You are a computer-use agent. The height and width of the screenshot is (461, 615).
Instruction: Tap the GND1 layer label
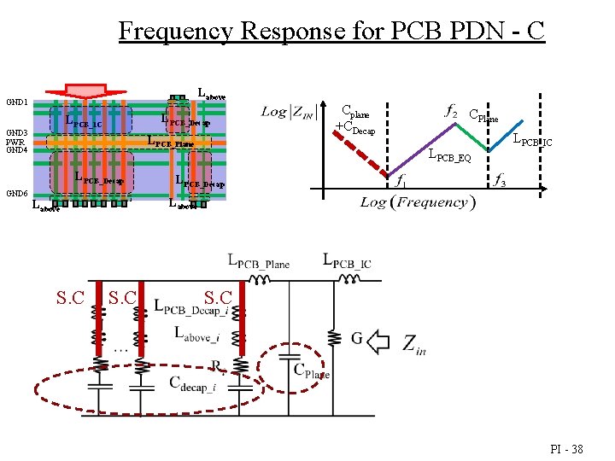coord(18,102)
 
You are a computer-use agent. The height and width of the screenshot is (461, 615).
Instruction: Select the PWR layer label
coord(16,142)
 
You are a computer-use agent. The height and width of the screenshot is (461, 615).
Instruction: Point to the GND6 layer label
coord(18,194)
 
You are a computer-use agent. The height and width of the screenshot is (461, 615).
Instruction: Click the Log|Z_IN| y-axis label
coord(289,111)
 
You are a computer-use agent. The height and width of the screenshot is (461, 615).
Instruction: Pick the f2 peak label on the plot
coord(451,110)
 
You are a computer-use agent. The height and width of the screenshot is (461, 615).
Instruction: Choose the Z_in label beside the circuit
coord(413,346)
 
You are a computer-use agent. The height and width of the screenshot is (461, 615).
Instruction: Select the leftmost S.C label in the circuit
coord(69,298)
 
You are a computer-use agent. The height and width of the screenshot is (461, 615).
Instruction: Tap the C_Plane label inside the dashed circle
coord(311,372)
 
